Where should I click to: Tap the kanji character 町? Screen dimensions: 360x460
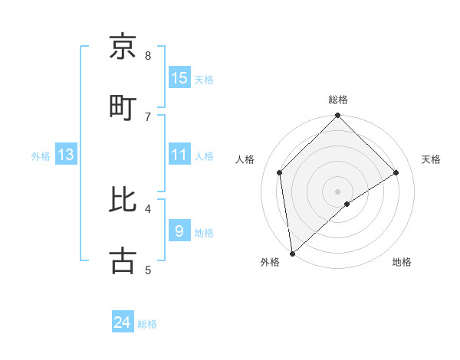coord(123,105)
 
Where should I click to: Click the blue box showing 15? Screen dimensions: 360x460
coord(179,78)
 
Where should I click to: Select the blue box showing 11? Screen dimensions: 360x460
coord(179,155)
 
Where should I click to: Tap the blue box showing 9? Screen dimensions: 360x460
coord(179,231)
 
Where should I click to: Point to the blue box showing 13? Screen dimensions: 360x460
coord(66,155)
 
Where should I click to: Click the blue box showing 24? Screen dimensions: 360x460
coord(123,322)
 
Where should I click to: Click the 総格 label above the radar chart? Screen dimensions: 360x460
coord(338,100)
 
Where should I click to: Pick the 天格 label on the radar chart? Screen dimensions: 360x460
coord(432,159)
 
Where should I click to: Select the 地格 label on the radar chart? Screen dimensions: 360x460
coord(402,262)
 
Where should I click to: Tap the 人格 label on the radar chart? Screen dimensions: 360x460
coord(245,159)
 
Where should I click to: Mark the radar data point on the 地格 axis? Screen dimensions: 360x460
coord(347,204)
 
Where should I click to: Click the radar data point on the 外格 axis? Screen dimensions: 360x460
coord(292,253)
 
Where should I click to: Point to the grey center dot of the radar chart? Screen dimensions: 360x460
coord(338,191)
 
